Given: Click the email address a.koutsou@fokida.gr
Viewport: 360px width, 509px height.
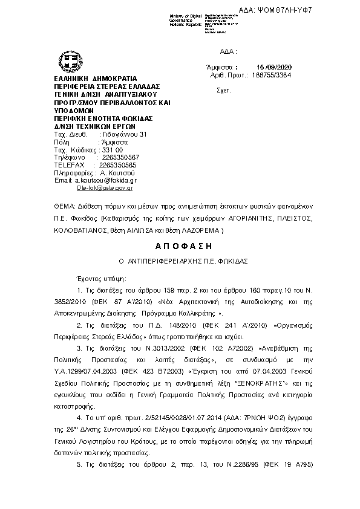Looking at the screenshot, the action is pos(105,180).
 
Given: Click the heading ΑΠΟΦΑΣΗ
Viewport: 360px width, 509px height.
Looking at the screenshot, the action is pos(180,246).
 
